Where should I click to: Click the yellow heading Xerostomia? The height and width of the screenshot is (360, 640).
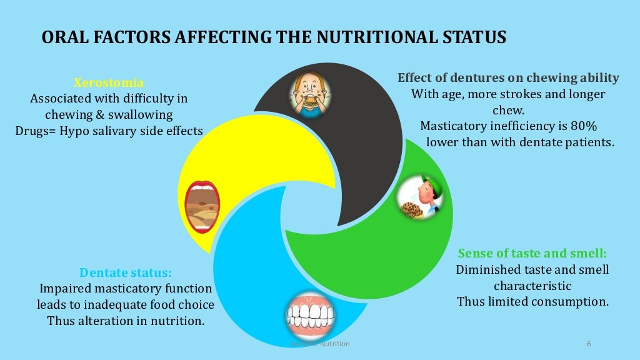pos(109,82)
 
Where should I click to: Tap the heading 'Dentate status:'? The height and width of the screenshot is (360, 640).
pos(126,272)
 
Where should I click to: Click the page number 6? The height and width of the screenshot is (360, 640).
pos(589,344)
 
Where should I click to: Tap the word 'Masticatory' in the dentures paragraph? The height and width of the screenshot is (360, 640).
pos(456,126)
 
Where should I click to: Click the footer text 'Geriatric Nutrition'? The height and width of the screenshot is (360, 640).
pos(321,344)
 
